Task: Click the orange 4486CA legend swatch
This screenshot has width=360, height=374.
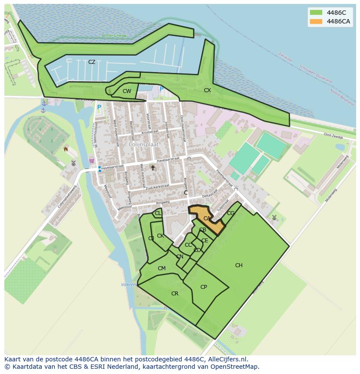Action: [x=316, y=22]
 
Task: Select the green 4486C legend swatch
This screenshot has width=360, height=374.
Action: [x=316, y=13]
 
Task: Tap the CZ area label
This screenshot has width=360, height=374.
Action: [x=92, y=62]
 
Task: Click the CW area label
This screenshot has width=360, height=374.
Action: [x=127, y=91]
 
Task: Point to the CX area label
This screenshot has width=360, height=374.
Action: [x=207, y=90]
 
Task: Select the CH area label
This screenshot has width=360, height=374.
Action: [x=239, y=265]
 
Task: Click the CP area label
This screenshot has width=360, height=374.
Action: [x=203, y=287]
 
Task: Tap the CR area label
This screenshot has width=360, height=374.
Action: [x=175, y=294]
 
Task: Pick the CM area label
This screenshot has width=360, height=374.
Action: [x=162, y=268]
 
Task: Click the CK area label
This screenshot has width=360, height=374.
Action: [x=160, y=236]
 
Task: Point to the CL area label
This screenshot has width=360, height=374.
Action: [x=158, y=213]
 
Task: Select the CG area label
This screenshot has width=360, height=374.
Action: [x=230, y=213]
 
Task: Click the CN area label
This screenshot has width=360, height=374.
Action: [x=180, y=257]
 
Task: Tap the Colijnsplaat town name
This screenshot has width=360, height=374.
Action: [x=143, y=144]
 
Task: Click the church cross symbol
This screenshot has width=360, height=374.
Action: [x=153, y=167]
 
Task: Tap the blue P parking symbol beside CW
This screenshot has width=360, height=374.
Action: [x=162, y=89]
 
